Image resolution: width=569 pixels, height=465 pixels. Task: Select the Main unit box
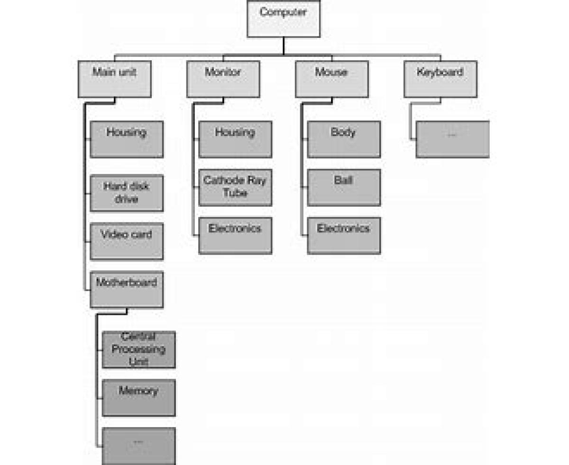tap(114, 79)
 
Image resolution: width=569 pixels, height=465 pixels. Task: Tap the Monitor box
tap(223, 79)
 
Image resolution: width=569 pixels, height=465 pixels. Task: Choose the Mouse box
tap(331, 79)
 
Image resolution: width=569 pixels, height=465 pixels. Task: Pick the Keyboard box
tap(440, 79)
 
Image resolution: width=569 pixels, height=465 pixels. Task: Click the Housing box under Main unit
tap(127, 139)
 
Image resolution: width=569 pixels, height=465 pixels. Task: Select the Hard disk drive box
tap(127, 193)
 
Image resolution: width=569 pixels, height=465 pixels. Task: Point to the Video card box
tap(127, 241)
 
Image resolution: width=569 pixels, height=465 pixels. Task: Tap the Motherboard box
tap(127, 289)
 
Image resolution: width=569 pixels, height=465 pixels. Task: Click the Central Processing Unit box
tap(138, 350)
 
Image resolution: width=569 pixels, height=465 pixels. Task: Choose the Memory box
tap(138, 398)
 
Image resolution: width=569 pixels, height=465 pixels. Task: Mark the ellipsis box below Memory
tap(138, 446)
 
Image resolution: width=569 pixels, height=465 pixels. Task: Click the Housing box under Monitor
tap(235, 139)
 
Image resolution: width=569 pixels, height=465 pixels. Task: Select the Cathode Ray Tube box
tap(235, 187)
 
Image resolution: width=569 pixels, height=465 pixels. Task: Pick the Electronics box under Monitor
tap(235, 235)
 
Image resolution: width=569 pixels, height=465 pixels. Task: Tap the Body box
tap(344, 139)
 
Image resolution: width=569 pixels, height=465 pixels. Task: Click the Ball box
tap(344, 187)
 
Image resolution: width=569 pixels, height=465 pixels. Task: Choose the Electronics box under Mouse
tap(344, 235)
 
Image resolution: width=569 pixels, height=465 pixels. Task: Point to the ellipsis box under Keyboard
tap(452, 139)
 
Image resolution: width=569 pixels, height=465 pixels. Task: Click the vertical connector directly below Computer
tap(284, 46)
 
